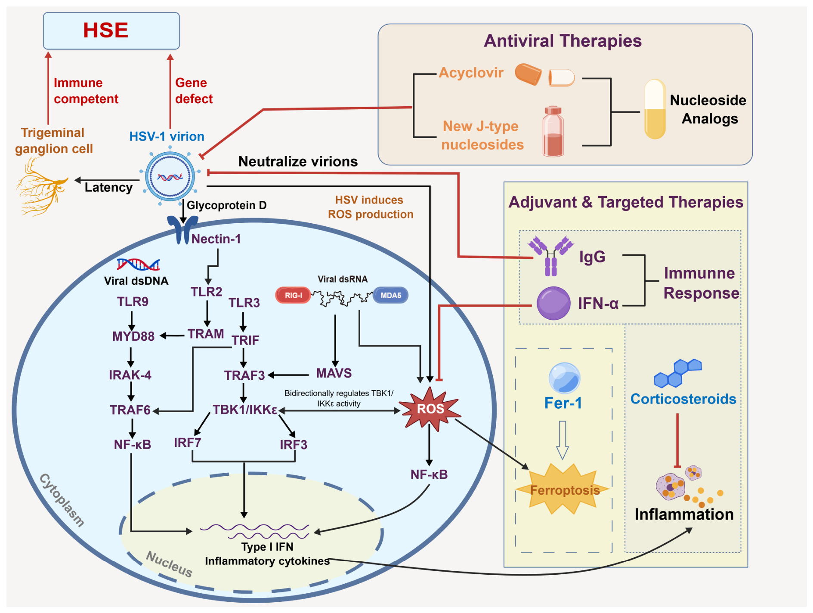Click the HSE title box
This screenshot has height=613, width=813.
click(x=111, y=31)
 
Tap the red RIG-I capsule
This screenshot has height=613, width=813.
click(x=293, y=295)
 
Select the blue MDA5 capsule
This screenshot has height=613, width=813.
click(x=390, y=295)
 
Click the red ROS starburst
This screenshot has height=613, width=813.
click(x=430, y=408)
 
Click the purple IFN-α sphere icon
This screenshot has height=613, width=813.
click(x=553, y=303)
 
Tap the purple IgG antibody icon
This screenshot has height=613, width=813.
click(x=551, y=256)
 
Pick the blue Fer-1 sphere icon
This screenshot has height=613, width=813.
click(x=564, y=378)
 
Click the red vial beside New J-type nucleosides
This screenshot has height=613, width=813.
click(x=553, y=131)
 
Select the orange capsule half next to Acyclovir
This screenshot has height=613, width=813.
click(x=528, y=74)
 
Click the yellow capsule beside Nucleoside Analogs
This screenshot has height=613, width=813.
click(x=655, y=109)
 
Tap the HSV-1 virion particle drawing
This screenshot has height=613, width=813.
click(x=170, y=176)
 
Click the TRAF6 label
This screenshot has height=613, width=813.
click(x=130, y=410)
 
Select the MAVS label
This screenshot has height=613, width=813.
click(x=334, y=373)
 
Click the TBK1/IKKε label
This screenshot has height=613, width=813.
click(x=245, y=410)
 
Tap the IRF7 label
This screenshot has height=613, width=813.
click(x=187, y=442)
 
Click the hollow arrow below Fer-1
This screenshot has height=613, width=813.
click(x=563, y=440)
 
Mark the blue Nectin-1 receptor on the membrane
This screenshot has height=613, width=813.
click(x=183, y=229)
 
